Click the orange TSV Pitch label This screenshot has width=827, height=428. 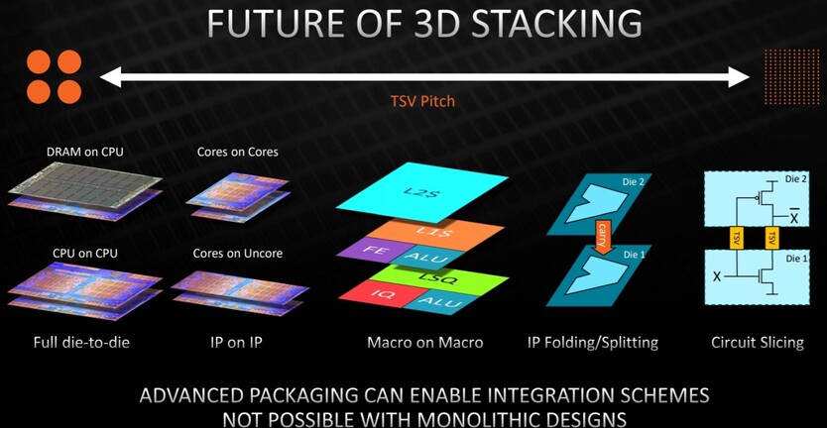coord(422,100)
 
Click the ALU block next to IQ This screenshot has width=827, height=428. coord(442,302)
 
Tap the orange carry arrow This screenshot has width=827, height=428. coord(601,236)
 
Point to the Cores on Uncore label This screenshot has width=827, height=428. coord(237,253)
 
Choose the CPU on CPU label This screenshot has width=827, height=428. coord(85,253)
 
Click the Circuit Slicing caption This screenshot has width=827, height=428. coord(758,343)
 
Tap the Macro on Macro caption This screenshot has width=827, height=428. coord(424,343)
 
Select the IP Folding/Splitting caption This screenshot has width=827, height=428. coord(593,343)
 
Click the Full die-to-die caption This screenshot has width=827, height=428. coord(81,343)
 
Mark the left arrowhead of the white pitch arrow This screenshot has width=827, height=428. coord(110,77)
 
